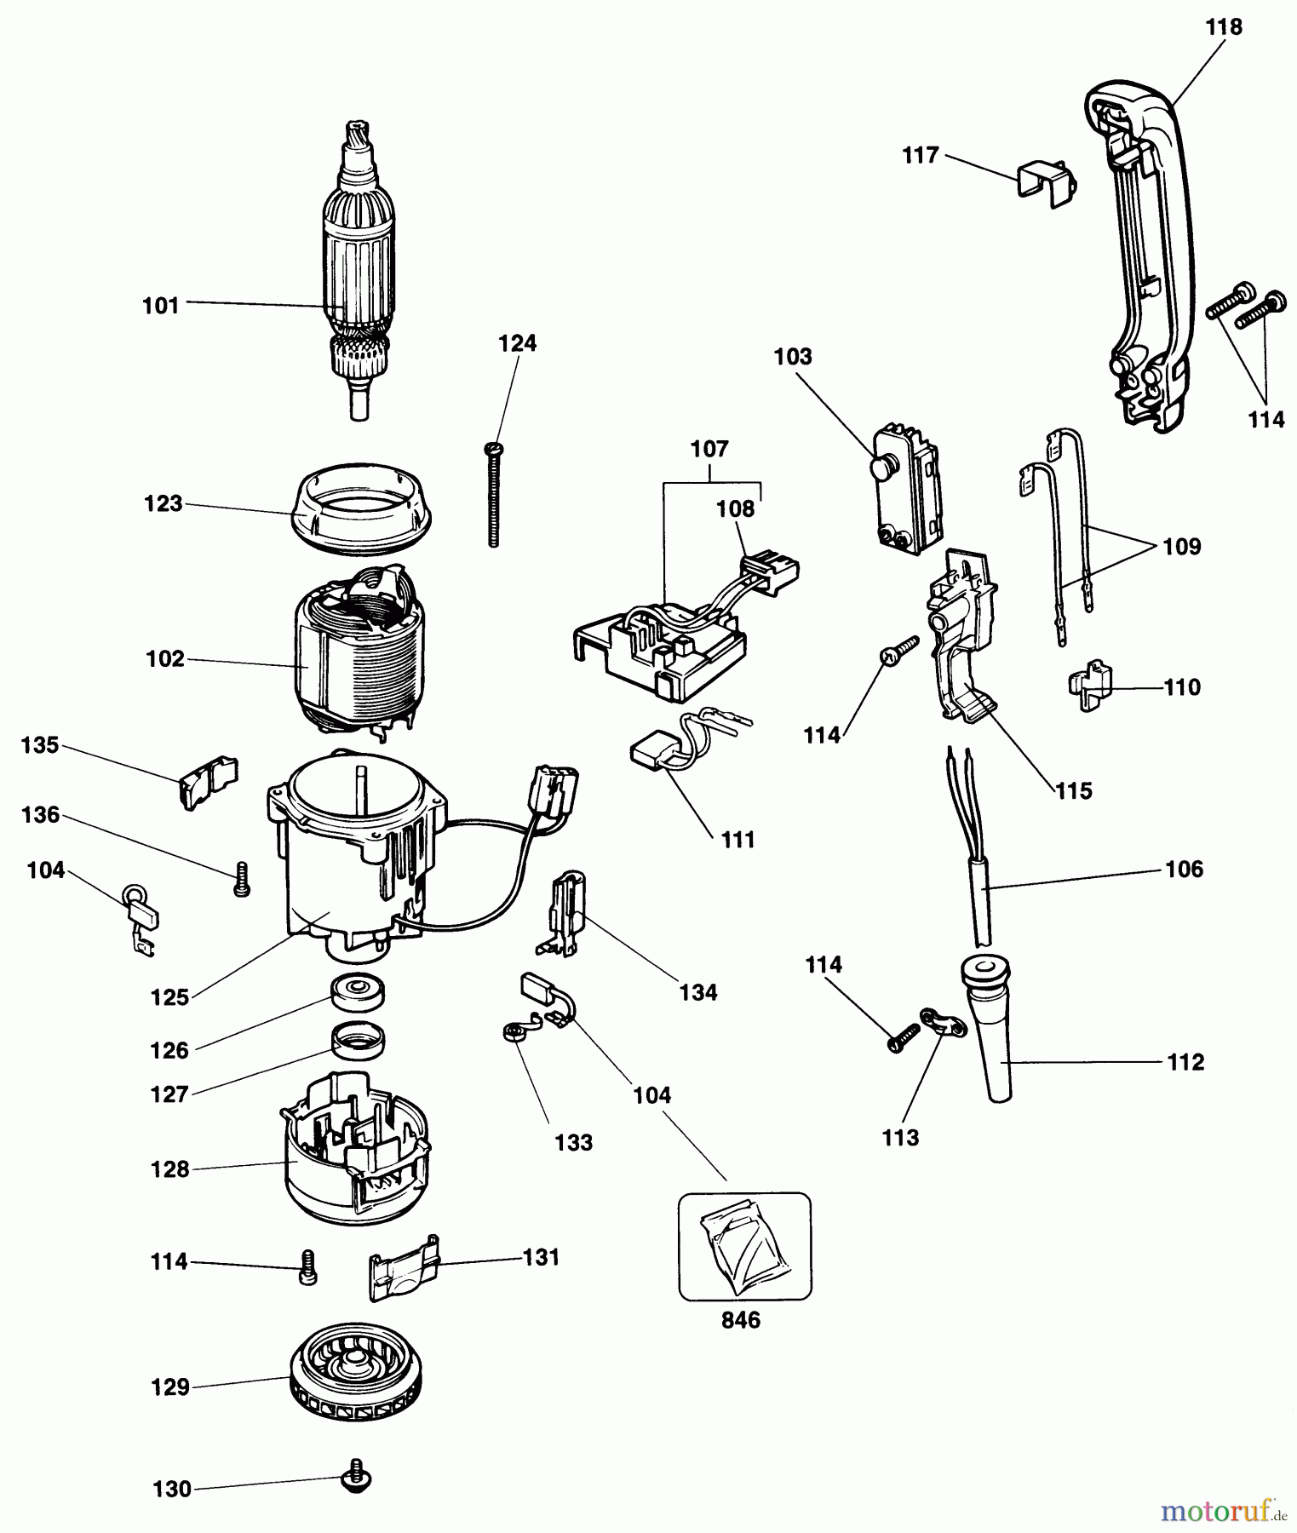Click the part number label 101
coord(161,305)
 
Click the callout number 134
coord(698,992)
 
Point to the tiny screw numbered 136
coord(241,878)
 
